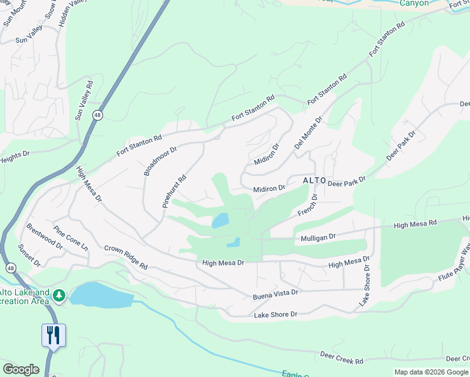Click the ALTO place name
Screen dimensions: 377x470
(x=314, y=180)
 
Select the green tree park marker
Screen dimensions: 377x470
(x=60, y=295)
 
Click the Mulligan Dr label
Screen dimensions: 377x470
(x=319, y=237)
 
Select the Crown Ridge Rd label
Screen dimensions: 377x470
(x=126, y=257)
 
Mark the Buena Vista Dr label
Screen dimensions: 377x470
(x=275, y=292)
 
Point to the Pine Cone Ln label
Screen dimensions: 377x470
(x=71, y=239)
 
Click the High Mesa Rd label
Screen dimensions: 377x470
(x=415, y=224)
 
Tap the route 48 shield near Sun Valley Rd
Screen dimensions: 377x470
(x=97, y=115)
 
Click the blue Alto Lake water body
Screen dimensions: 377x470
(x=101, y=294)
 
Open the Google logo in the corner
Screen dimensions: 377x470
(x=21, y=369)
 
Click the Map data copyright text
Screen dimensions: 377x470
(x=430, y=372)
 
